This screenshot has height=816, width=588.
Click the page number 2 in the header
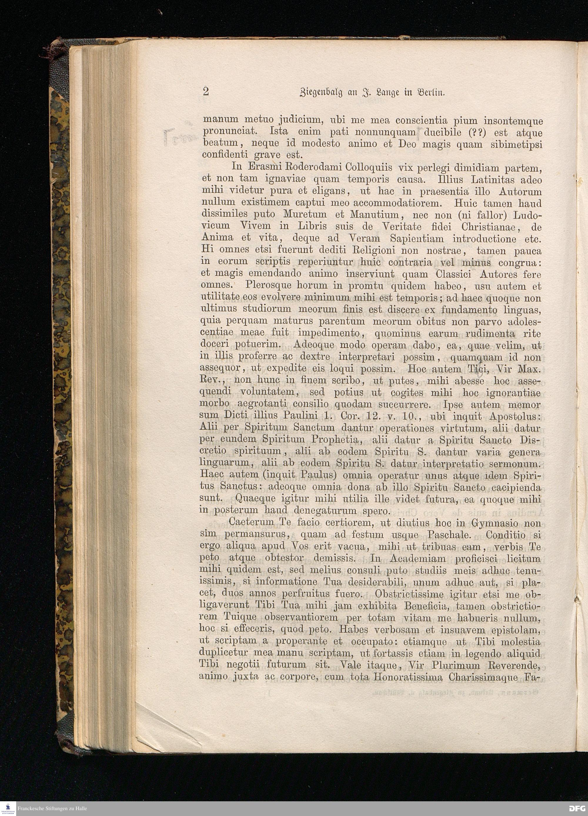click(206, 92)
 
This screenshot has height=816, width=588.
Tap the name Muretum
click(305, 215)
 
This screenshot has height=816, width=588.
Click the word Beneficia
click(427, 606)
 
